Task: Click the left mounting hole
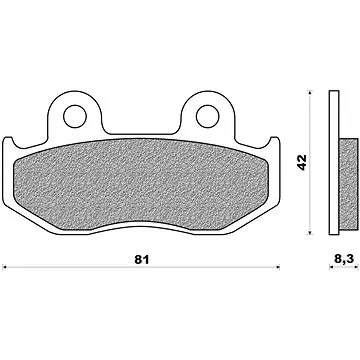[75, 116]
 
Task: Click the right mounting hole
[208, 116]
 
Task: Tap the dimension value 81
[142, 260]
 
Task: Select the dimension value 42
[302, 162]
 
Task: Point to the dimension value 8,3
[343, 259]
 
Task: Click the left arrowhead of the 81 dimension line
[4, 267]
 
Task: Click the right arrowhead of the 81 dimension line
[277, 267]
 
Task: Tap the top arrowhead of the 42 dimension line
[310, 93]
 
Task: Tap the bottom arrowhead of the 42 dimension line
[310, 232]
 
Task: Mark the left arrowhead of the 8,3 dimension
[331, 267]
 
